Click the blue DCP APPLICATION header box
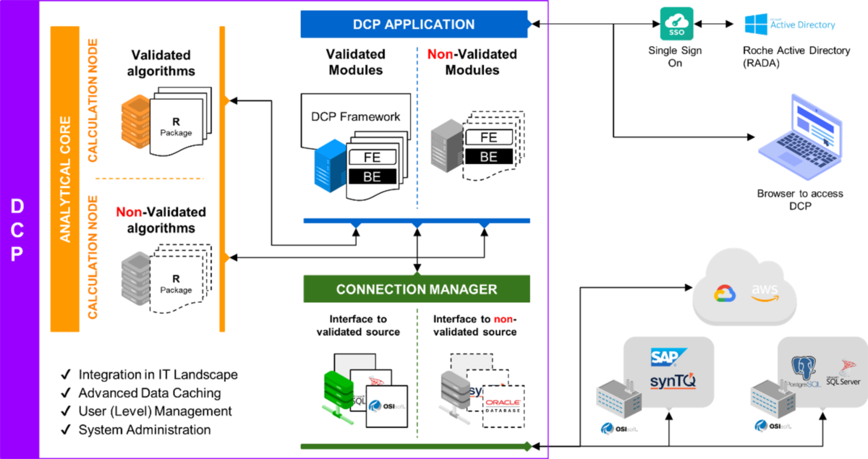click(x=414, y=25)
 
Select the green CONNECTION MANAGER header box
click(x=417, y=289)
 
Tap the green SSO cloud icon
click(x=676, y=25)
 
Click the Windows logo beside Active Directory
click(x=756, y=25)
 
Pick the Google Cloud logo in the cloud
click(x=725, y=293)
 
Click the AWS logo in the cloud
click(x=765, y=291)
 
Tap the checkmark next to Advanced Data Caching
click(x=65, y=393)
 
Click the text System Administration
click(x=145, y=429)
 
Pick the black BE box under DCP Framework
click(x=373, y=176)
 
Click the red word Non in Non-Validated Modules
click(x=441, y=54)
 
